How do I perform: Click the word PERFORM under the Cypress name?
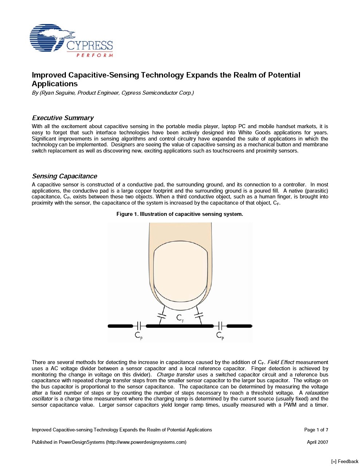(95, 55)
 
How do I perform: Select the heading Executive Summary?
(63, 118)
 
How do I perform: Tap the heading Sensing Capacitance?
(64, 176)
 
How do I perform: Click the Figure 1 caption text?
(179, 214)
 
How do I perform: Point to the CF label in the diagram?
(180, 318)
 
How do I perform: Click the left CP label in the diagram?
(139, 335)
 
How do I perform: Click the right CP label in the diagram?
(220, 335)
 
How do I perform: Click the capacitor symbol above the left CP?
(139, 326)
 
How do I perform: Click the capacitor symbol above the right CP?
(220, 326)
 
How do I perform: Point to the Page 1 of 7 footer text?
(316, 430)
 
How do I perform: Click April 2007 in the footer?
(317, 442)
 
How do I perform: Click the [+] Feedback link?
(345, 462)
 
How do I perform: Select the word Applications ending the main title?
(55, 84)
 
